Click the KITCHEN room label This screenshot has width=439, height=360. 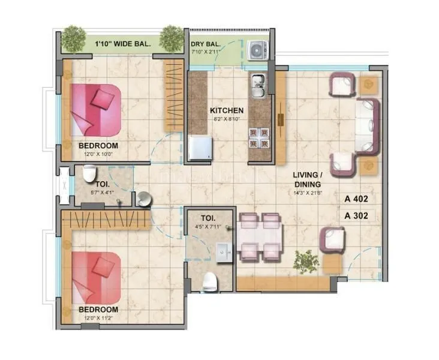pos(227,110)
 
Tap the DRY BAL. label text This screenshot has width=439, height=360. pos(205,44)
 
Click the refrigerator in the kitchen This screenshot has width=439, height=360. pos(200,148)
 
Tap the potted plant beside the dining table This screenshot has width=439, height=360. pos(305,260)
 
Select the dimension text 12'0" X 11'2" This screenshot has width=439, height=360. pos(98,318)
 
